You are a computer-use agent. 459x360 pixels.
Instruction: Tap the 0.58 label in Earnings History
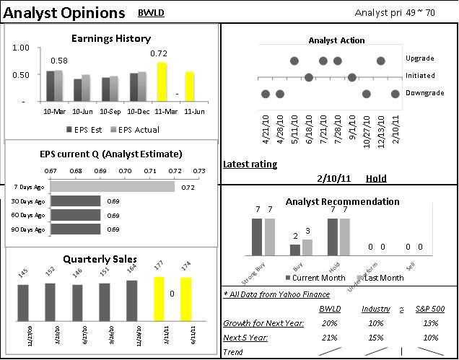[58, 61]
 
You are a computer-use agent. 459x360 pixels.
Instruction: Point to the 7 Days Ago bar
[113, 187]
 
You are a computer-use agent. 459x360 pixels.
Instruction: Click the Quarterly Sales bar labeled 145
[23, 316]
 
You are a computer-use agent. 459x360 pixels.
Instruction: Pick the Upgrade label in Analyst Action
[419, 58]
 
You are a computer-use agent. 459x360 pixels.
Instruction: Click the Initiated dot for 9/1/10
[351, 77]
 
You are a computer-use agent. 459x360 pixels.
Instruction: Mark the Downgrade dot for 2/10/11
[395, 93]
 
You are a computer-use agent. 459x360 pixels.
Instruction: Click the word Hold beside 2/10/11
[376, 178]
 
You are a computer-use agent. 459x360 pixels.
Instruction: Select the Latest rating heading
[250, 164]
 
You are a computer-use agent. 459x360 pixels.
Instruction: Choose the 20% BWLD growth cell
[329, 322]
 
